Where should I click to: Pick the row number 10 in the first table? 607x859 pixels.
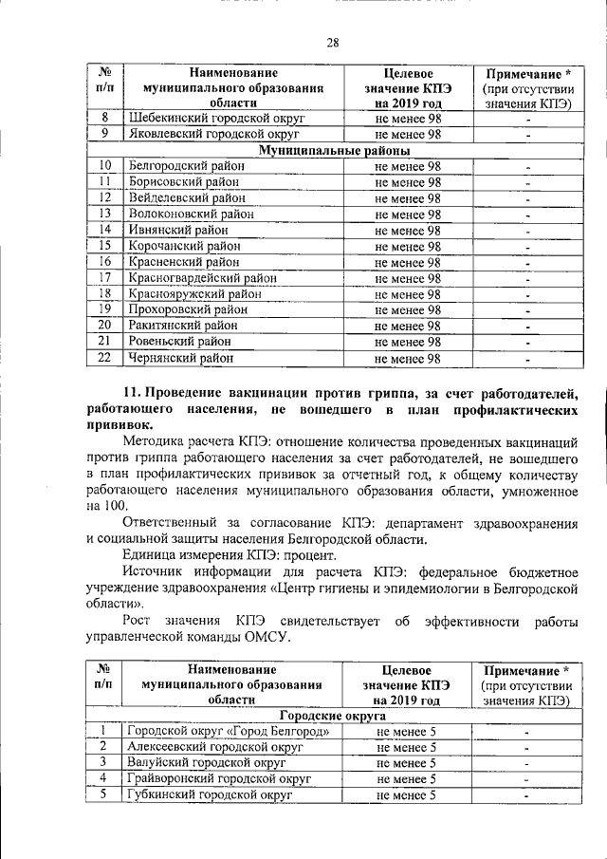click(105, 166)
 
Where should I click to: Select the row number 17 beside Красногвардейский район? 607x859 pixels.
click(105, 278)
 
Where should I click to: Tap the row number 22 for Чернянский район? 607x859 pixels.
click(105, 358)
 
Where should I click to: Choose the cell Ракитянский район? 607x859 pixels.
click(183, 326)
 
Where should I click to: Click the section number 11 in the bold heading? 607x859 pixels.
click(132, 393)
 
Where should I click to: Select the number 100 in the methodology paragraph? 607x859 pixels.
click(110, 506)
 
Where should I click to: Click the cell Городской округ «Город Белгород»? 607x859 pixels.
click(229, 731)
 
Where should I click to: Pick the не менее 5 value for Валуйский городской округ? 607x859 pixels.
click(406, 763)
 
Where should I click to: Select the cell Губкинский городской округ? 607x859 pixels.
click(209, 795)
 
